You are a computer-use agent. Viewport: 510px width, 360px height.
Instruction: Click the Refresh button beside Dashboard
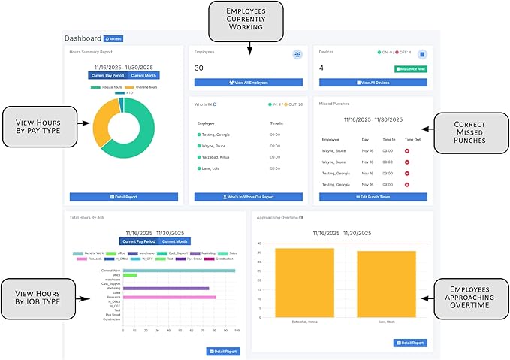click(x=113, y=38)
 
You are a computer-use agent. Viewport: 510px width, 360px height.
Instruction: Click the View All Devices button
click(x=370, y=82)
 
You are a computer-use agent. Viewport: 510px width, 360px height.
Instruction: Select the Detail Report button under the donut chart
click(x=123, y=197)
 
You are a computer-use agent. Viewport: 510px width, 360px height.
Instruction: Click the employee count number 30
click(x=199, y=68)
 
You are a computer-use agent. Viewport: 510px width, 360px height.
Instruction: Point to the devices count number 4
click(x=321, y=68)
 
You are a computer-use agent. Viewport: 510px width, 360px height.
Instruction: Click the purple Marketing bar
click(x=165, y=288)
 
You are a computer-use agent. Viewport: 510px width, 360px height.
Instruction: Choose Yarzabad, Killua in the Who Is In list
click(x=218, y=157)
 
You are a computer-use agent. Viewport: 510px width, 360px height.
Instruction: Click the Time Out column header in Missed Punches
click(x=413, y=140)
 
